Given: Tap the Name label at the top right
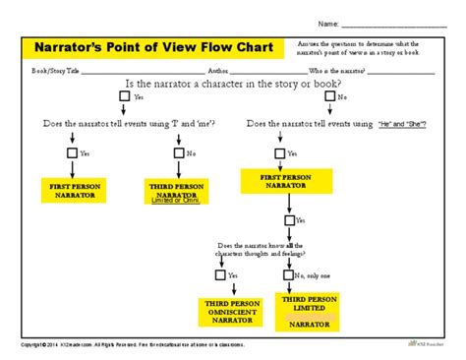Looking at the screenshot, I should click(x=327, y=22).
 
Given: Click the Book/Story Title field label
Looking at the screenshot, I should click(x=55, y=71).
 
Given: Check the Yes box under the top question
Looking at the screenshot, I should click(x=124, y=97).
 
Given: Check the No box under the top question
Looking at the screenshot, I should click(x=330, y=97).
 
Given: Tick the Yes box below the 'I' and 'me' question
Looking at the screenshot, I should click(x=72, y=153).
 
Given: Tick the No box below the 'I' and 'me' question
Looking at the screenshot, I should click(x=178, y=153).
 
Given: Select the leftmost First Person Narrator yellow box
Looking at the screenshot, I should click(x=72, y=191).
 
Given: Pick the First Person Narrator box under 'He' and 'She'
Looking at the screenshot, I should click(x=288, y=179).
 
